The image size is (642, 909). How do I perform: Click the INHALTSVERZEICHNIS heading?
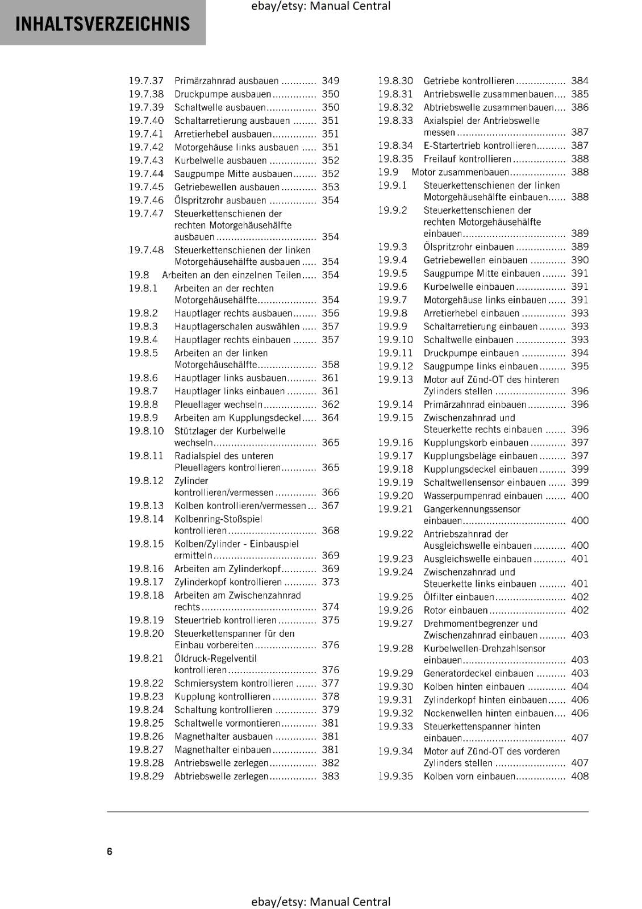[x=103, y=24]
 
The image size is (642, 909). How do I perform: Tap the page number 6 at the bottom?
[x=110, y=851]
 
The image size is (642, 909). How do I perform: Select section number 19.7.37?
[x=146, y=81]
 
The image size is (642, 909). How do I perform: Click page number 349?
[x=330, y=81]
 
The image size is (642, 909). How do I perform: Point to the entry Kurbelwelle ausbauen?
[x=220, y=160]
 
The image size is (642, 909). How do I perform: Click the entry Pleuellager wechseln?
[x=218, y=405]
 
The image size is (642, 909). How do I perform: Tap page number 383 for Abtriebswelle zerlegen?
[x=330, y=776]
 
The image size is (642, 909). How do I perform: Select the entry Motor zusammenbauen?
[x=460, y=172]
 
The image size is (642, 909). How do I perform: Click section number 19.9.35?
[x=395, y=776]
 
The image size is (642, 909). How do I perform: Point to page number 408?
[x=580, y=776]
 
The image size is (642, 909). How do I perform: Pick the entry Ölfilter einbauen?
[x=459, y=597]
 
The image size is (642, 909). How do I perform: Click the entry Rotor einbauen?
[x=456, y=610]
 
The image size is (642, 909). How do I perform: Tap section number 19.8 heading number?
[x=139, y=275]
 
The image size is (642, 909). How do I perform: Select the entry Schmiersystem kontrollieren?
[x=234, y=683]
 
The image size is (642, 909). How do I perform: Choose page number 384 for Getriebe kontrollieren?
[x=580, y=81]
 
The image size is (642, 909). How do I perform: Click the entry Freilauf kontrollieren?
[x=467, y=159]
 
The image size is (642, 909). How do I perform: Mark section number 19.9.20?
[x=395, y=496]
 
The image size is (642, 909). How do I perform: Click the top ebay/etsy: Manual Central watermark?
[x=320, y=6]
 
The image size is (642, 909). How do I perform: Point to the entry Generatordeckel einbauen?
[x=478, y=673]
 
